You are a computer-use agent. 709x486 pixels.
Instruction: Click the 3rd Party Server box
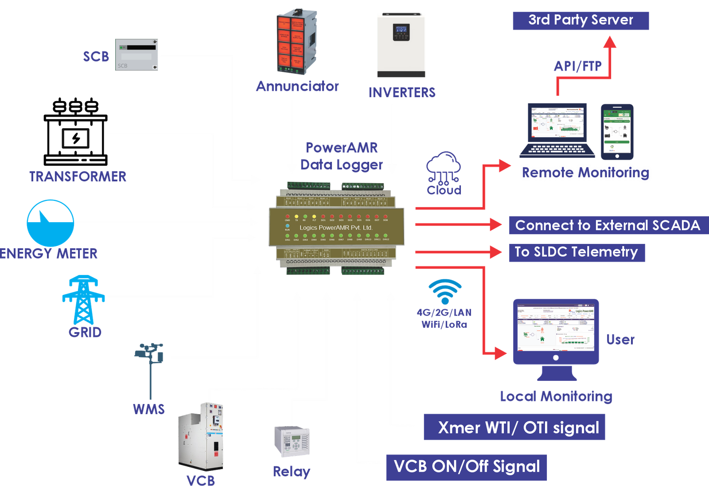(x=580, y=20)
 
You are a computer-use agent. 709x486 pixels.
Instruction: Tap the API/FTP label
(x=577, y=66)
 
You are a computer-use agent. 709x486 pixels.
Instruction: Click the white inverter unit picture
(x=401, y=44)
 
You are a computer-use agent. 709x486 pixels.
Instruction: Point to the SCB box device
(x=137, y=55)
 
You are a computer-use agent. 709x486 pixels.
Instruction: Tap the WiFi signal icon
(x=445, y=291)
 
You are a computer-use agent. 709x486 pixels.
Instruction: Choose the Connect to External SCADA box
(x=608, y=225)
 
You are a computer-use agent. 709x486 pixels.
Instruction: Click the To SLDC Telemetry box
(x=577, y=252)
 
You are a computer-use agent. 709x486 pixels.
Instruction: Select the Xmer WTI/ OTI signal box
(x=514, y=427)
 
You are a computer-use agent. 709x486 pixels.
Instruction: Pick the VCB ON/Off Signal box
(x=466, y=467)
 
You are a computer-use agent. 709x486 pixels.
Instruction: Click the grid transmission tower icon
(x=84, y=300)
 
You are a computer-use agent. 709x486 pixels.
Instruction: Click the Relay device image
(x=292, y=441)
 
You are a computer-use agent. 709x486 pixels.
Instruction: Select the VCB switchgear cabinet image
(x=201, y=437)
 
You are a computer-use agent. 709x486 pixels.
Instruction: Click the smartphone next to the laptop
(x=617, y=131)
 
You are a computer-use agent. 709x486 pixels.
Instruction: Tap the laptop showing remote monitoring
(x=557, y=130)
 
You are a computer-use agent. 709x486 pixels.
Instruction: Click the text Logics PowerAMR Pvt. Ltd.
(x=335, y=227)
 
